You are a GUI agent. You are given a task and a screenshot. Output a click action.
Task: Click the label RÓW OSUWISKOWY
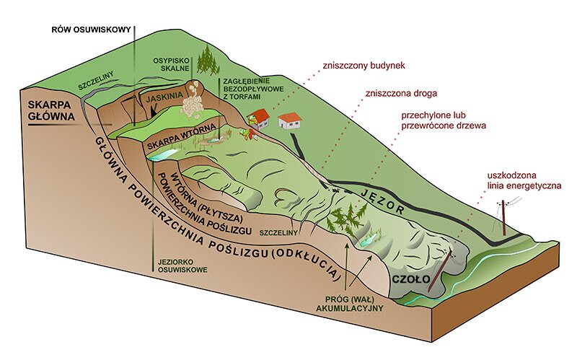[90, 30]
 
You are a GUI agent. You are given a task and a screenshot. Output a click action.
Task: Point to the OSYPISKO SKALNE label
[170, 64]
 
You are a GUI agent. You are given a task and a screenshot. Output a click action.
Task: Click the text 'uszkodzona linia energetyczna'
[524, 181]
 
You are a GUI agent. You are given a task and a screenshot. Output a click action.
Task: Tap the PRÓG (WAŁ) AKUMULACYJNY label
[351, 302]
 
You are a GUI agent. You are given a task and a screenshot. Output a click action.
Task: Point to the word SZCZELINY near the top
[98, 85]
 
